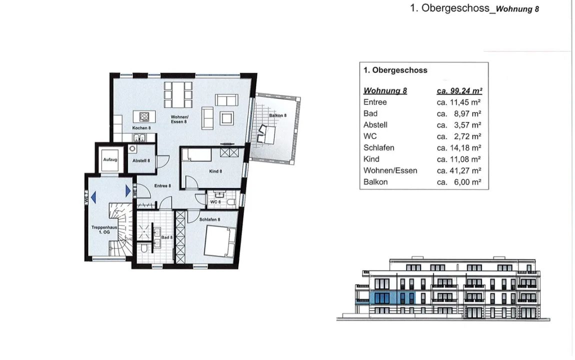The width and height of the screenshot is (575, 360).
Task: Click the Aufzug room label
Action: click(110, 160)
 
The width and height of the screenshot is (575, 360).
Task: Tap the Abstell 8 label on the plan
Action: click(141, 160)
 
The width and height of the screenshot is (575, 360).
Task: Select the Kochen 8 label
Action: click(141, 128)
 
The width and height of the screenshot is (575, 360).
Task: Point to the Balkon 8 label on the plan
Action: click(277, 115)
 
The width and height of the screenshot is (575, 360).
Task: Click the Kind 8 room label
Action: click(215, 171)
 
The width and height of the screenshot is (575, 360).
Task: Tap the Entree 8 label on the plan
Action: click(162, 186)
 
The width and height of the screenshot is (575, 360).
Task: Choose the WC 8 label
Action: click(215, 202)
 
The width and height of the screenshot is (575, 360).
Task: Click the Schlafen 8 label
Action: click(210, 219)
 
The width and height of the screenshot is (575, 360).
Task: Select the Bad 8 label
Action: click(167, 237)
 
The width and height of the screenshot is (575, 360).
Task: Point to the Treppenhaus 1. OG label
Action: click(104, 230)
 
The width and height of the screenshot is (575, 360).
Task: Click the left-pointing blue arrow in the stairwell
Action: click(93, 197)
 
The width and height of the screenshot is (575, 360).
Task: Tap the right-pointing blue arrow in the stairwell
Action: click(128, 191)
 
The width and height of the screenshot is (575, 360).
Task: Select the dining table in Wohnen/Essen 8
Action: click(178, 94)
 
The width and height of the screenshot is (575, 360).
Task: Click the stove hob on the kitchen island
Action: click(144, 117)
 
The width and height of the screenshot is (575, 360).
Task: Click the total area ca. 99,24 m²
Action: click(459, 90)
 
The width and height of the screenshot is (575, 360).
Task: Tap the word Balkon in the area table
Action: click(375, 182)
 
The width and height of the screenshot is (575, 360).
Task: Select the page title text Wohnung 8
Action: click(517, 9)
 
